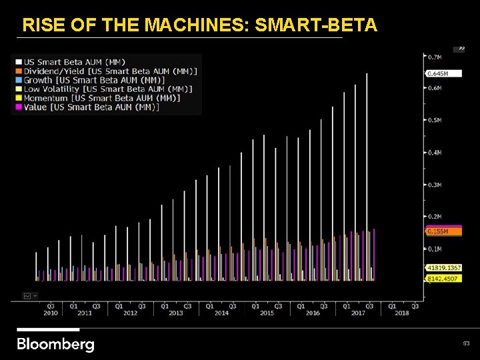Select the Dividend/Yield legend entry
click(x=109, y=71)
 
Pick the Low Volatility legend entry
click(x=107, y=89)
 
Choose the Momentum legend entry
click(x=101, y=98)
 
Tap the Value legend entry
click(x=91, y=107)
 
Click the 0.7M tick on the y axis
click(x=434, y=56)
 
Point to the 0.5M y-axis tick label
click(x=434, y=121)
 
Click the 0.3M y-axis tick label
click(x=434, y=185)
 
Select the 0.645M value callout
click(x=438, y=73)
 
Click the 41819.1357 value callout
click(x=443, y=268)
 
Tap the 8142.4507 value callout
click(x=443, y=279)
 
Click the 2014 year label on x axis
click(x=221, y=313)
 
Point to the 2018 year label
click(x=402, y=313)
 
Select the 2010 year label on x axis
click(x=51, y=313)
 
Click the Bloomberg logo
click(x=55, y=344)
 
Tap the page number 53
click(x=467, y=343)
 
